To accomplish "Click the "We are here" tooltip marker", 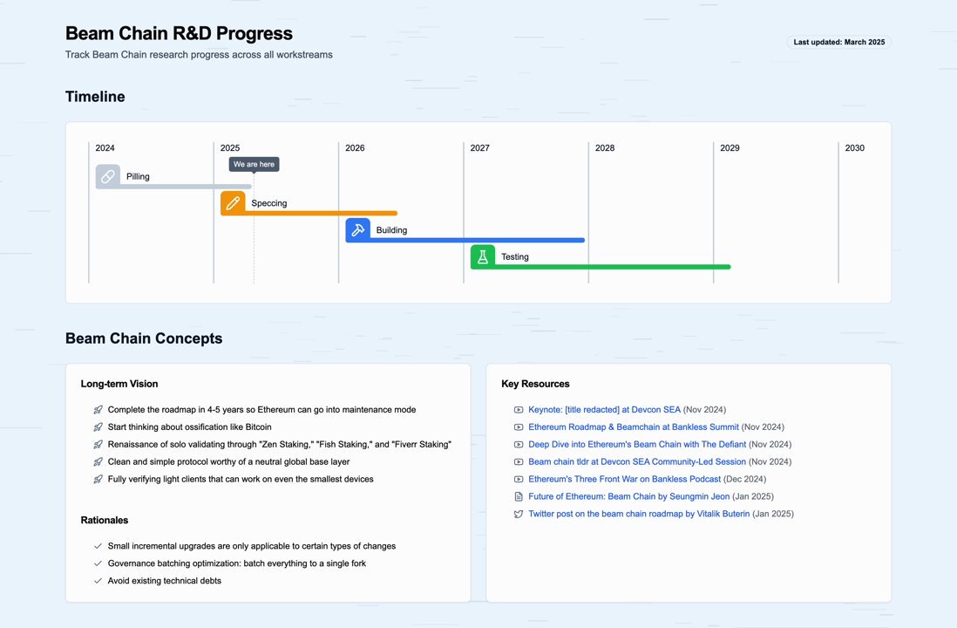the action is click(x=254, y=164).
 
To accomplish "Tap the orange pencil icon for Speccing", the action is click(x=233, y=203).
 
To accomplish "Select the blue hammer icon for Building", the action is click(x=357, y=229).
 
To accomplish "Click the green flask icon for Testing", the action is click(x=483, y=256).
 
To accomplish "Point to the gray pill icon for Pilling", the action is click(x=107, y=176).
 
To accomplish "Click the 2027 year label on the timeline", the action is click(x=479, y=147).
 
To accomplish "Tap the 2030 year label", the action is click(x=854, y=147).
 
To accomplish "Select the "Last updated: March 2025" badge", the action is click(x=839, y=42).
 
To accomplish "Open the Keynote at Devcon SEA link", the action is click(x=604, y=410).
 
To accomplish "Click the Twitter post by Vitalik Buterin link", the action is click(x=639, y=514).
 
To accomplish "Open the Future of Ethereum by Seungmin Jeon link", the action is click(x=629, y=496).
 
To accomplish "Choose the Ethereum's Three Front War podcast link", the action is click(x=624, y=479).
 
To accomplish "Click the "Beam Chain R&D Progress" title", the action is click(x=179, y=34).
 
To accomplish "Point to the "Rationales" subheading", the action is click(x=105, y=521).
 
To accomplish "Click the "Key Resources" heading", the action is click(x=535, y=384).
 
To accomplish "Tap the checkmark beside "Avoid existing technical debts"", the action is click(x=98, y=581).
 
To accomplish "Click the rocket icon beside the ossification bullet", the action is click(x=98, y=427).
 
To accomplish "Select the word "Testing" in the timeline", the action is click(x=515, y=257).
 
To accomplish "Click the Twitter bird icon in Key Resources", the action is click(x=519, y=514).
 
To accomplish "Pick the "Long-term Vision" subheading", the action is click(x=119, y=384).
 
